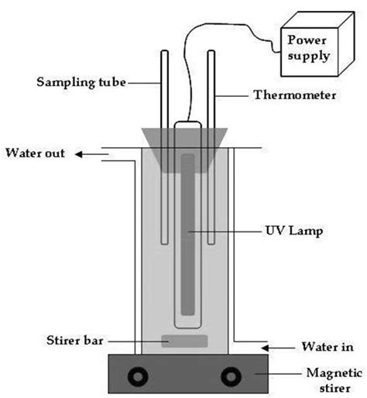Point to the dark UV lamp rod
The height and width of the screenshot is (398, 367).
[x=187, y=232]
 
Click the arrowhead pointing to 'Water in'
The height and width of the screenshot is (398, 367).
[x=269, y=346]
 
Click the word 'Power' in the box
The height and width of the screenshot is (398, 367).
[x=307, y=39]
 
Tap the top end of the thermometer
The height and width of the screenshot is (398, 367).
[x=210, y=53]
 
